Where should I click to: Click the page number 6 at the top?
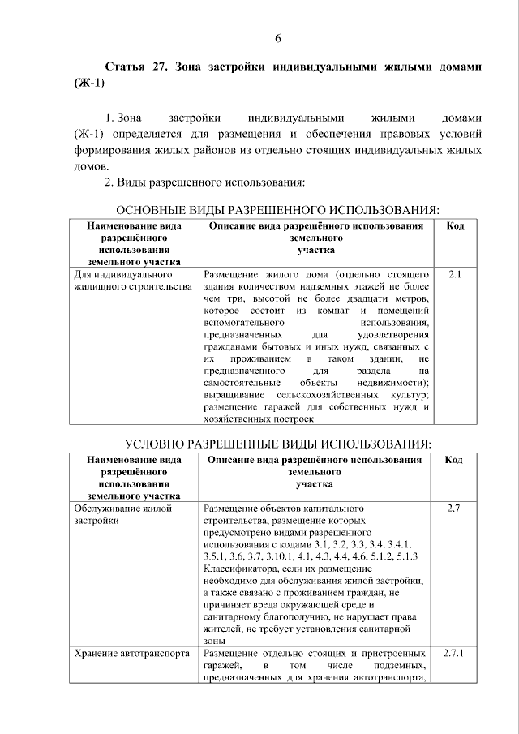click(x=277, y=38)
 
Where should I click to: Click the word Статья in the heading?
click(x=127, y=67)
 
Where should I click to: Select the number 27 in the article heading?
click(x=159, y=67)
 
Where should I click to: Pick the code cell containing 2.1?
click(x=455, y=275)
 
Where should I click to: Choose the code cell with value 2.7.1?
click(x=454, y=653)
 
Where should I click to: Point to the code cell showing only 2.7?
click(x=454, y=509)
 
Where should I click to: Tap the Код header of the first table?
click(x=455, y=225)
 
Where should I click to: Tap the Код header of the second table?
click(x=455, y=460)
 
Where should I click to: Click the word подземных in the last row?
click(x=399, y=665)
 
